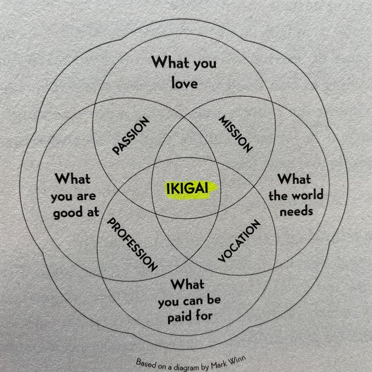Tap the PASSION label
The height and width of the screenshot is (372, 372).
[131, 135]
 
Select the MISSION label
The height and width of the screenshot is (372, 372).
[236, 134]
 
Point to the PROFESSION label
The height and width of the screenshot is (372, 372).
[132, 245]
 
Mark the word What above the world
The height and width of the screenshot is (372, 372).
[294, 179]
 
